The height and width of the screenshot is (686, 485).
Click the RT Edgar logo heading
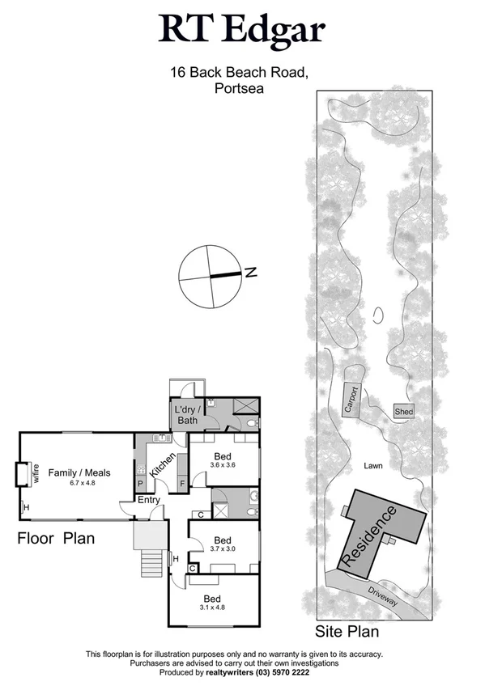point(242,31)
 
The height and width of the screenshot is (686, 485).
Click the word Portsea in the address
point(241,90)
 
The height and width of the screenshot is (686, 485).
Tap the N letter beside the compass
point(251,273)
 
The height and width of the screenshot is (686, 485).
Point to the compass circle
point(210,276)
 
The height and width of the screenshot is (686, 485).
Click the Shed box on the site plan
point(403,412)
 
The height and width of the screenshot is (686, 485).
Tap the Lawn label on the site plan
point(372,466)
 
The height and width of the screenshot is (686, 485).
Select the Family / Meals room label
point(79,473)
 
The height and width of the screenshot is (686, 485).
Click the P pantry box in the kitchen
point(141,485)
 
